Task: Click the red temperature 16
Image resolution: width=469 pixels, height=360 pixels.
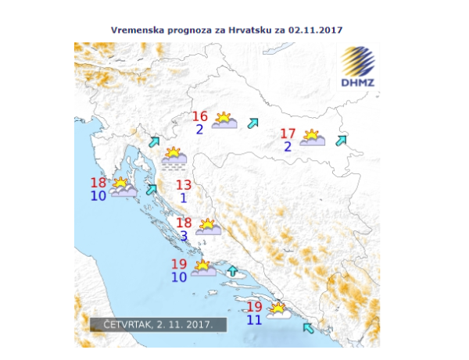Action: point(200,117)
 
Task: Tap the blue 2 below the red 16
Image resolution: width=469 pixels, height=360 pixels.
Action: point(200,130)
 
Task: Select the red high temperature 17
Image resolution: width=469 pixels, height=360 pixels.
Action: point(288,134)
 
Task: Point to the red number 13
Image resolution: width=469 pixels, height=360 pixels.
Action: point(184,185)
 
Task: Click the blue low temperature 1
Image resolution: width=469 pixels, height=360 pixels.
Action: point(184,198)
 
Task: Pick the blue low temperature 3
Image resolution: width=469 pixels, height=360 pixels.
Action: point(184,235)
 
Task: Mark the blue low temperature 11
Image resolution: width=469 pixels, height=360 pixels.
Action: point(254,319)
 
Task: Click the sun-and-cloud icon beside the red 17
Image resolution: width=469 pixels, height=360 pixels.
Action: point(313,138)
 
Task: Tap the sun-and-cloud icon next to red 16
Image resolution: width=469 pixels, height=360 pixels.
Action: point(224,120)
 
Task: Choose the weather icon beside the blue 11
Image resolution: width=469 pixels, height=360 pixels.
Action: point(277,311)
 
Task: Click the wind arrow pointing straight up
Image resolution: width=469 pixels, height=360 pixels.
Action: point(231,271)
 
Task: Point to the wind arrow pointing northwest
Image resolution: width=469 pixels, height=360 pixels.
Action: point(307,327)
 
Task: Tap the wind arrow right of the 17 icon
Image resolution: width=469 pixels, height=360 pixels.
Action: point(340,141)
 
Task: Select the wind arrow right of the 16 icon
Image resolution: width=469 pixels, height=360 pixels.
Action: point(252,123)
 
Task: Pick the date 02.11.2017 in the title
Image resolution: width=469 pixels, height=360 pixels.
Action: point(316,29)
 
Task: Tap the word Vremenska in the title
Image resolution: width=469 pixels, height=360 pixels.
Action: point(138,29)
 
